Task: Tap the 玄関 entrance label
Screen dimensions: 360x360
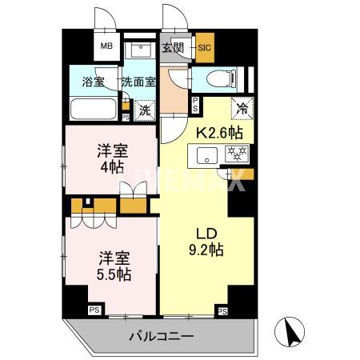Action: point(173,47)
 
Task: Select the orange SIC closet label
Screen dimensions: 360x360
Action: point(204,47)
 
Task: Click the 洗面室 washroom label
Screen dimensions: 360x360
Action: point(139,80)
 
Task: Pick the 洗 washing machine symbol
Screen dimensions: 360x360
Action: point(145,110)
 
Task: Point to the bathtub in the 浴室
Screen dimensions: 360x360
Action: point(93,109)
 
